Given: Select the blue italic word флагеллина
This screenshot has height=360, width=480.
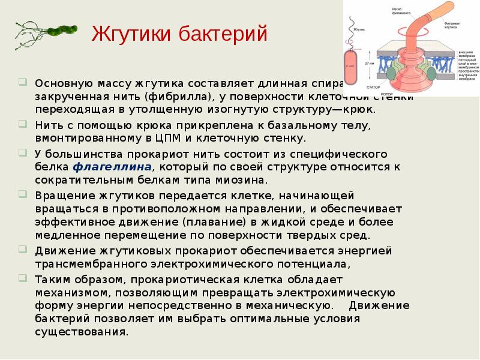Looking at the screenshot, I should click(x=112, y=167).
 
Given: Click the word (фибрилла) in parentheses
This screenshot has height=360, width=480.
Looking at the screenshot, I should click(x=180, y=97).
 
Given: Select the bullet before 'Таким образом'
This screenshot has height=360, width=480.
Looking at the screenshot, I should click(x=22, y=277).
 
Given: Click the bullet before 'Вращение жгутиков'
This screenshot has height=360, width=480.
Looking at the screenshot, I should click(x=22, y=194).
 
